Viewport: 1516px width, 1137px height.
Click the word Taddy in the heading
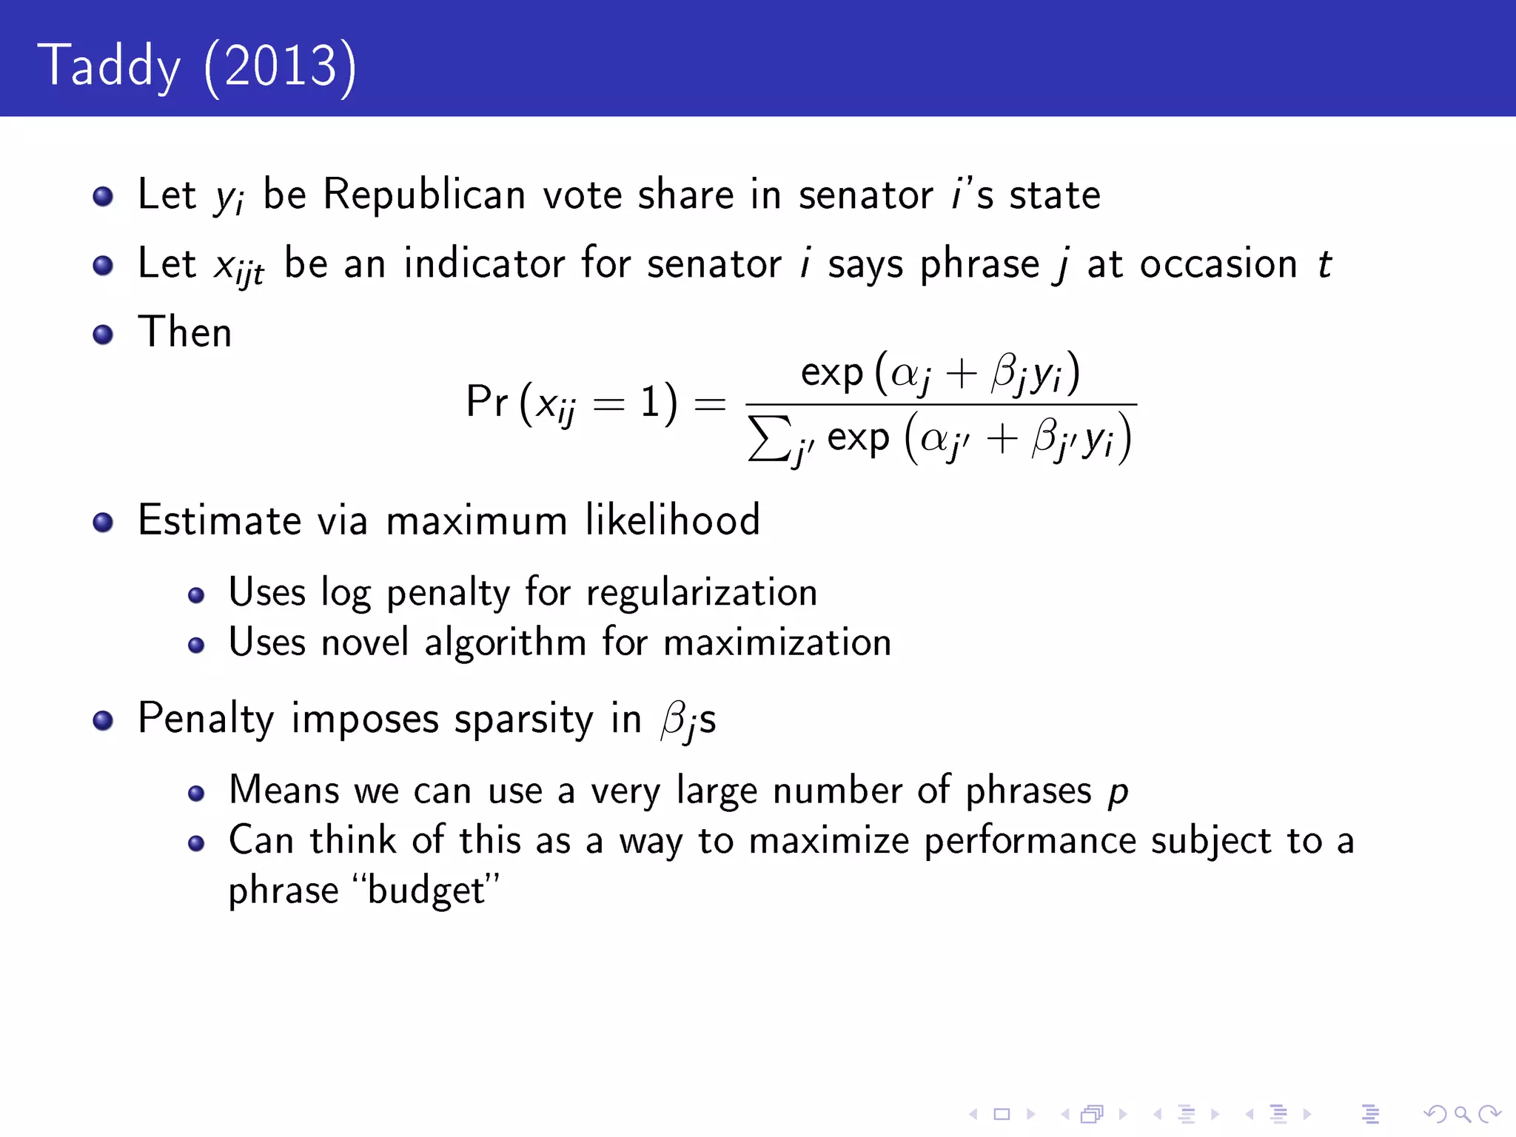[x=110, y=67]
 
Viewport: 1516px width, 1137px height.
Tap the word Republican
[x=423, y=195]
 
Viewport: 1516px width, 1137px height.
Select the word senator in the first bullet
[x=865, y=195]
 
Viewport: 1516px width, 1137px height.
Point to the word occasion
[x=1218, y=264]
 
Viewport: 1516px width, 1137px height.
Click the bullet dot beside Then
[x=103, y=335]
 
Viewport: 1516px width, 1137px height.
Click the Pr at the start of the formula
[x=486, y=402]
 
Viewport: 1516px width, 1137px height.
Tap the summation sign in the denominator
[x=768, y=438]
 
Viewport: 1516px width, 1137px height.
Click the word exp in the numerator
[x=831, y=373]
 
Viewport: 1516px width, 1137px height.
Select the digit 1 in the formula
[x=650, y=403]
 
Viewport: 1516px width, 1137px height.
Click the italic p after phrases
[x=1118, y=792]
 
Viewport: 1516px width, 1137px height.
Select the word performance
[x=1030, y=841]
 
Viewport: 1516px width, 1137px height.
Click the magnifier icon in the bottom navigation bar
[x=1462, y=1114]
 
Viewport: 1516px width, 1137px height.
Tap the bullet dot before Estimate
[x=103, y=523]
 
